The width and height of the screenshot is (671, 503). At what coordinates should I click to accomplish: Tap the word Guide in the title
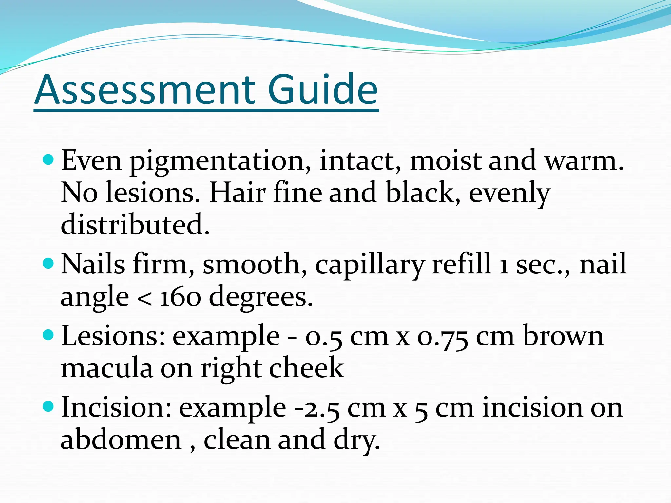click(x=323, y=90)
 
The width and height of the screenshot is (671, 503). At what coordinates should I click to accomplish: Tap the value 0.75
click(x=442, y=337)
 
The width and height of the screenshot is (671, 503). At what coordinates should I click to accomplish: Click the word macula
click(x=107, y=368)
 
